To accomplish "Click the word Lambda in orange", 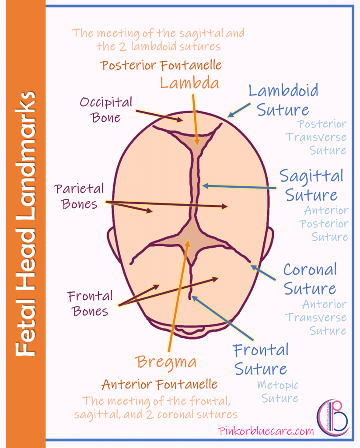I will [x=189, y=83].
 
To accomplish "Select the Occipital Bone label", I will [x=106, y=110].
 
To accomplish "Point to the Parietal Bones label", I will [x=79, y=196].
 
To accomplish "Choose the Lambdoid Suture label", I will [x=283, y=100].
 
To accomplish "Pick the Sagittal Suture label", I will [x=311, y=185].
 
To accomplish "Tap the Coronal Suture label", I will [x=310, y=279].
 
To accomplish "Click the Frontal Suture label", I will [x=261, y=359].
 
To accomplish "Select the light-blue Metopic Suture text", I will [x=277, y=392].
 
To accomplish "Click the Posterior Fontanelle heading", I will [x=161, y=66].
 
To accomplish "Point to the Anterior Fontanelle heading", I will [x=159, y=385].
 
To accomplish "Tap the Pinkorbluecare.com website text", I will [x=266, y=431].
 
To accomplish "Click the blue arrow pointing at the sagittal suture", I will [x=240, y=187].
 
